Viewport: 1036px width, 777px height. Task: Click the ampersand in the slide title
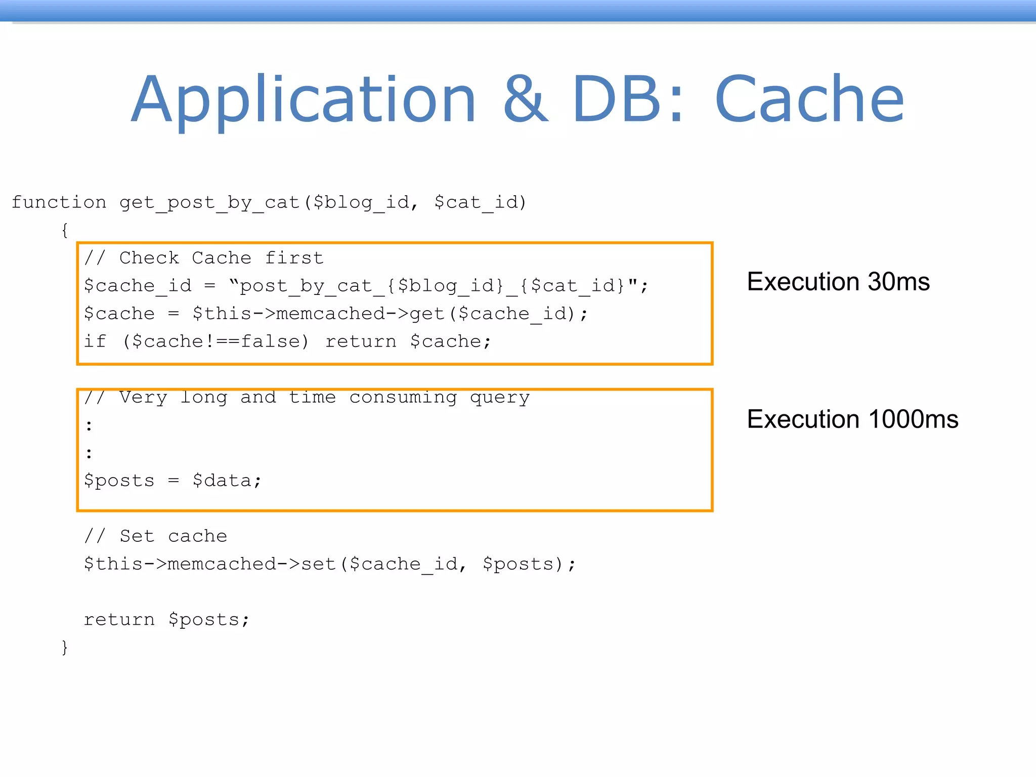click(526, 99)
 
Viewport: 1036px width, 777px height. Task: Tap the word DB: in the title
click(628, 99)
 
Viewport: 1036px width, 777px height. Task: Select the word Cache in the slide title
click(809, 99)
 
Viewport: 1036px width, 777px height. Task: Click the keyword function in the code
click(59, 202)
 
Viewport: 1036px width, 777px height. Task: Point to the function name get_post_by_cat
click(210, 203)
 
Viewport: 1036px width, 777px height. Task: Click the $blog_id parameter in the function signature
click(361, 203)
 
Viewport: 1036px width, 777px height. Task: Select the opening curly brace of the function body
click(65, 230)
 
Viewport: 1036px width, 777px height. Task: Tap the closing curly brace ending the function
click(65, 647)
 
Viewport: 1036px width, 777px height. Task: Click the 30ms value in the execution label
click(898, 282)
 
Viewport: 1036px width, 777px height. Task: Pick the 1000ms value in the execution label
click(913, 419)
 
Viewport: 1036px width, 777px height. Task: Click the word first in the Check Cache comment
click(294, 258)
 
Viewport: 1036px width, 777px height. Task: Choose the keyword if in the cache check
click(95, 341)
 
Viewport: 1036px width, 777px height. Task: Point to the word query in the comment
click(500, 398)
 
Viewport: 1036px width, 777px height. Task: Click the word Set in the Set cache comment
click(137, 536)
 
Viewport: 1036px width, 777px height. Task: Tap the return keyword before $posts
click(119, 620)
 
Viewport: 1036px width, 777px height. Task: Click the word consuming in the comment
click(403, 398)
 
